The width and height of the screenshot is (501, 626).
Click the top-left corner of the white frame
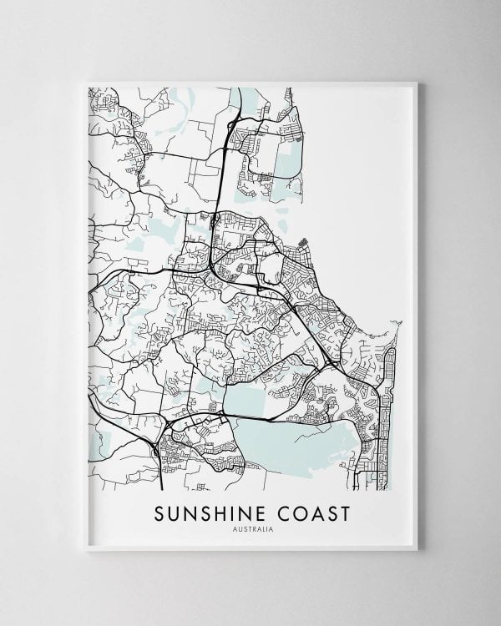pos(87,81)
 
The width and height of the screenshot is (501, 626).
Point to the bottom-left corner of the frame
pos(87,549)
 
